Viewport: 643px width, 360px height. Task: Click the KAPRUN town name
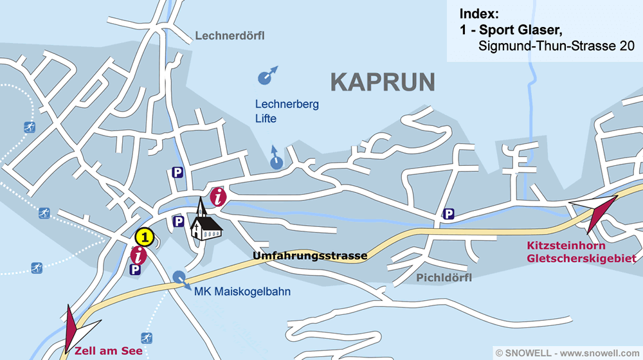click(383, 82)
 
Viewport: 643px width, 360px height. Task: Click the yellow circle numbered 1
click(145, 237)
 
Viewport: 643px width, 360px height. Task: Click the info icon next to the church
click(219, 196)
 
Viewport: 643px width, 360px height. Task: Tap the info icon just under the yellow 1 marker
click(138, 255)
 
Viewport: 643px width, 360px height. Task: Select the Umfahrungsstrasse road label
click(310, 256)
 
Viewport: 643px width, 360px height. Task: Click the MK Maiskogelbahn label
click(242, 292)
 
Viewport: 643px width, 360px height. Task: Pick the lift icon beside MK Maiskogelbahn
click(181, 278)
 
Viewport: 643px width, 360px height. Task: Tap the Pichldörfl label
click(444, 278)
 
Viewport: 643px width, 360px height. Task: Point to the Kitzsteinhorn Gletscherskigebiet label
click(581, 253)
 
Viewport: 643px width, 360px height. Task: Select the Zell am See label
click(108, 351)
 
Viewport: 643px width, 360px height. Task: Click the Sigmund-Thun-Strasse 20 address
click(556, 46)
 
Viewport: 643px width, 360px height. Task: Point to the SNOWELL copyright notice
click(567, 353)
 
